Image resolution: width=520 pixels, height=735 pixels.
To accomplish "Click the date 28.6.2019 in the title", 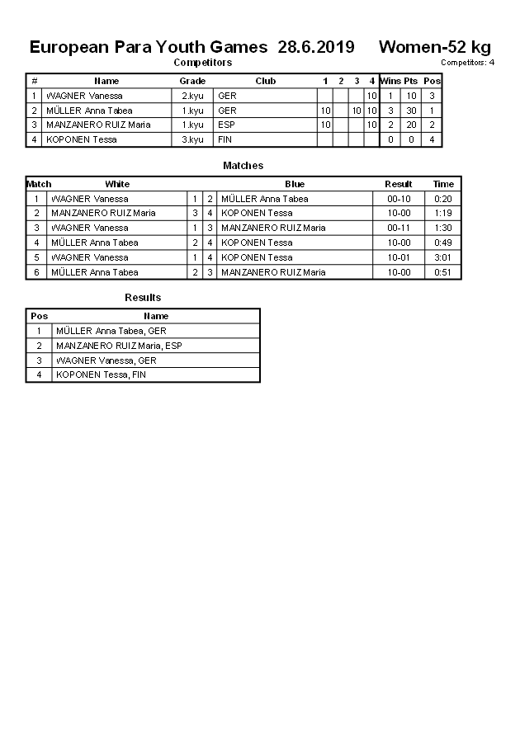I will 316,47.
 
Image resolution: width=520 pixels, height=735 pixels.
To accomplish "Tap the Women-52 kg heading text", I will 434,47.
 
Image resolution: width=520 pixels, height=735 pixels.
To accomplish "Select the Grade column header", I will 192,81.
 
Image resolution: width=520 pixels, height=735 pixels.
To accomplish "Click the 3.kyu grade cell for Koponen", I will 192,139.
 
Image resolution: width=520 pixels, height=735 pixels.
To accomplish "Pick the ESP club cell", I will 226,125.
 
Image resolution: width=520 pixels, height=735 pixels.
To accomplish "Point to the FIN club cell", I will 225,139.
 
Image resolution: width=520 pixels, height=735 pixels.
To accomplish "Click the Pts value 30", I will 411,111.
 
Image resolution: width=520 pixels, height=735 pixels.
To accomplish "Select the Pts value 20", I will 411,125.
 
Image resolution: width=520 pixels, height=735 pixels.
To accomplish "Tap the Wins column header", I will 390,81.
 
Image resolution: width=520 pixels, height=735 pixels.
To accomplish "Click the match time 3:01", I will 443,257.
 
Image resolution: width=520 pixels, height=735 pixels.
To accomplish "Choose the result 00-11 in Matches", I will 399,228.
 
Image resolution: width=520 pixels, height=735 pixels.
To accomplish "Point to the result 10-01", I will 399,257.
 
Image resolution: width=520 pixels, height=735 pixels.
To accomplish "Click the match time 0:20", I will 443,199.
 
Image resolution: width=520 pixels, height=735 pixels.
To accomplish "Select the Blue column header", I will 295,184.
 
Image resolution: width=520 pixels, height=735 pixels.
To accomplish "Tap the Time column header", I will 443,184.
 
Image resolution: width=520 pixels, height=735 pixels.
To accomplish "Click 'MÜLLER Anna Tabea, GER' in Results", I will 111,331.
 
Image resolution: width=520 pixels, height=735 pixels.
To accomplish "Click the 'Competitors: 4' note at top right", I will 467,63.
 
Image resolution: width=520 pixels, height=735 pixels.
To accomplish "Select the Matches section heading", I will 243,166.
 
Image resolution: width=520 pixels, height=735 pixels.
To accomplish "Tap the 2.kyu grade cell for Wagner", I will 192,96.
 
